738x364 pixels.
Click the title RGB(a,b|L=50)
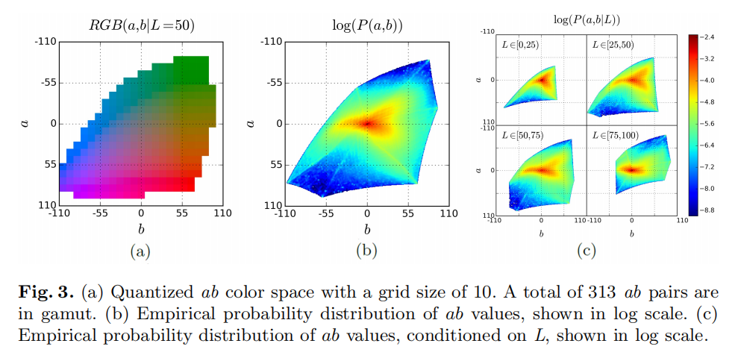(x=141, y=25)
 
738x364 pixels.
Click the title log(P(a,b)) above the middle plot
(x=366, y=25)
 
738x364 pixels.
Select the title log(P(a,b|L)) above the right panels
(x=587, y=20)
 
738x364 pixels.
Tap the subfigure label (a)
(x=140, y=251)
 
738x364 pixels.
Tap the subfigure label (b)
(x=366, y=251)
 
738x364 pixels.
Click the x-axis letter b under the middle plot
(x=366, y=229)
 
